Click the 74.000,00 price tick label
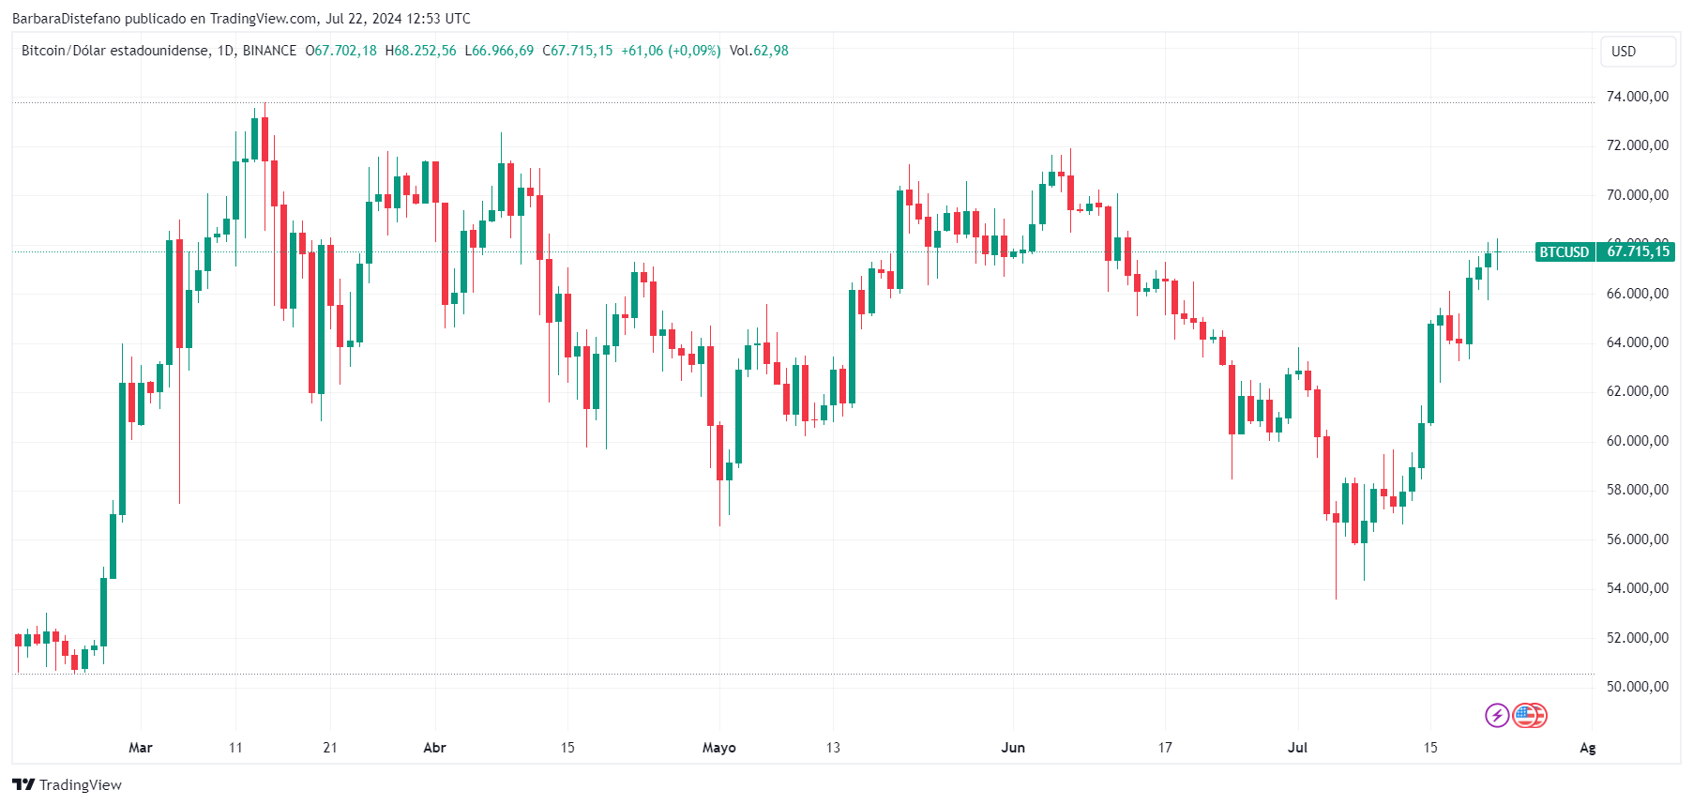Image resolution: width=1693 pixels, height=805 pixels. (1637, 97)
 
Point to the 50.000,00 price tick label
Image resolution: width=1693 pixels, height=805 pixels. (1637, 687)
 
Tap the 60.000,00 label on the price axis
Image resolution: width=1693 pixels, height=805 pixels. (1637, 441)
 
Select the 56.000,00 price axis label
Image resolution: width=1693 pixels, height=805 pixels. (1637, 539)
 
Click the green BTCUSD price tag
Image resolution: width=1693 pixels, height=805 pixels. (1564, 251)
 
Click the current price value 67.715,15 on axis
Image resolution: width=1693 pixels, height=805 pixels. (1638, 251)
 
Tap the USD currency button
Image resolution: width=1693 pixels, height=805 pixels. (1637, 52)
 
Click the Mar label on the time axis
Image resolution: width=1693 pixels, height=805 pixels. (141, 748)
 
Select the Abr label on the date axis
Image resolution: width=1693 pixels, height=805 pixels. (434, 748)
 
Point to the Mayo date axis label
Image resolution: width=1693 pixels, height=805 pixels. (719, 748)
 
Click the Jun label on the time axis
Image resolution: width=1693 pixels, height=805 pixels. (1013, 748)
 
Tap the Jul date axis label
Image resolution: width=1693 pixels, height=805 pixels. (1297, 748)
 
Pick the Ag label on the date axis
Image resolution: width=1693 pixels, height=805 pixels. (1587, 748)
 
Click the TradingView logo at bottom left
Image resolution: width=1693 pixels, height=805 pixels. (68, 785)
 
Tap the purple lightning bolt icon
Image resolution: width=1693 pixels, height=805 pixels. (1497, 716)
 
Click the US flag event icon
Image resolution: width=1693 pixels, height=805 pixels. (1529, 716)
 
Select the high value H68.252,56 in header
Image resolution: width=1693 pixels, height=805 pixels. (420, 51)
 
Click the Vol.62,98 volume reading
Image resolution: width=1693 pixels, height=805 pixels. (759, 51)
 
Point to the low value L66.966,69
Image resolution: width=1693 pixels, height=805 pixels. (499, 51)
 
